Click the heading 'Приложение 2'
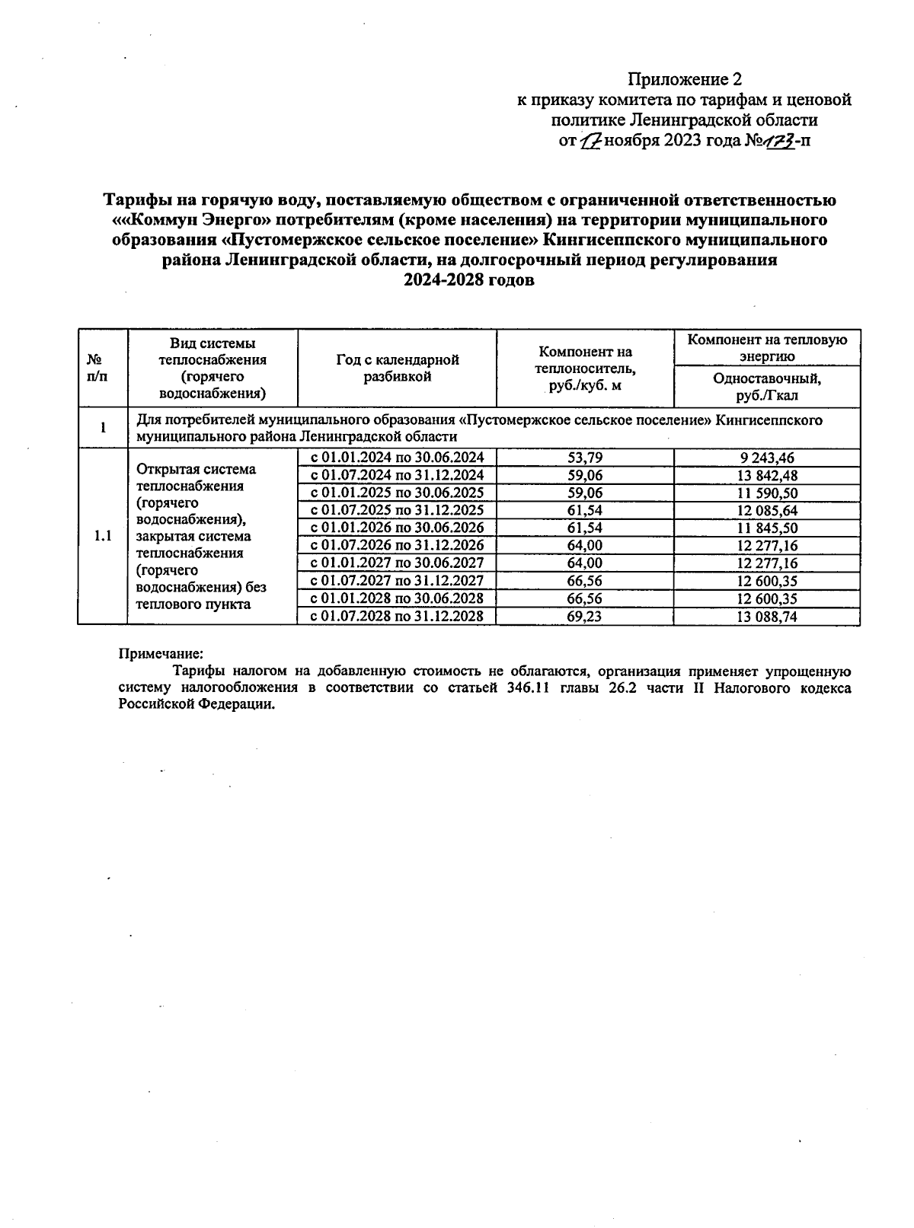(x=684, y=79)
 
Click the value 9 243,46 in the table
(x=766, y=458)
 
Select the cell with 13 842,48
(x=766, y=476)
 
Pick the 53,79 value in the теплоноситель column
(x=584, y=458)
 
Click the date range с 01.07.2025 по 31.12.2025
(x=396, y=510)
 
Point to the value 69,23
(x=584, y=617)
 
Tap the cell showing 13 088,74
(x=766, y=617)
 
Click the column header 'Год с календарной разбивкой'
(x=397, y=368)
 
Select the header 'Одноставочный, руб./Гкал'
(x=766, y=387)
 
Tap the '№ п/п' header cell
(x=96, y=368)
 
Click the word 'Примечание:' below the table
(x=161, y=653)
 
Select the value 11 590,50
(x=766, y=493)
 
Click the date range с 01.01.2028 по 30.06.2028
(x=396, y=598)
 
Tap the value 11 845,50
(x=766, y=528)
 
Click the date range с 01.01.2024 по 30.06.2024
(x=396, y=458)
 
